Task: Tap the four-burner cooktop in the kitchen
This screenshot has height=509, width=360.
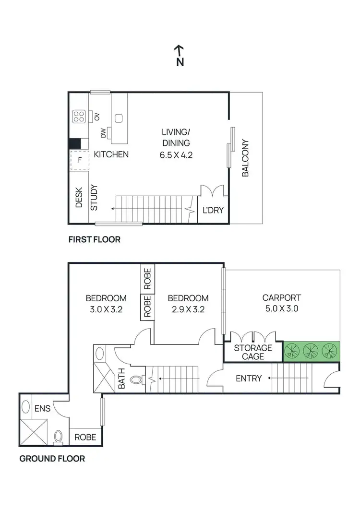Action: pos(79,116)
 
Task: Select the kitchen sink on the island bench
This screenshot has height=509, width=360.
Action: pos(119,118)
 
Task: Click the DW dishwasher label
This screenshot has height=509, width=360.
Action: pos(103,134)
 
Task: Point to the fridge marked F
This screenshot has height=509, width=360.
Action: pos(80,160)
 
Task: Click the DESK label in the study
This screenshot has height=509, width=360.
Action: pos(79,197)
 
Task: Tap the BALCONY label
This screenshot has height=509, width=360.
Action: pos(245,158)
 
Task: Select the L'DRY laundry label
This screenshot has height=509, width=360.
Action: pos(213,210)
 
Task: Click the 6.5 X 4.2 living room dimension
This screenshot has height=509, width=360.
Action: pos(176,154)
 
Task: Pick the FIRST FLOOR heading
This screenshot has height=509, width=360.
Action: pos(94,239)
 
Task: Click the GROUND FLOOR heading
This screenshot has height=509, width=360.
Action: pos(52,459)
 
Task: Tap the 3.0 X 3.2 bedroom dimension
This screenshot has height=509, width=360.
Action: pos(106,309)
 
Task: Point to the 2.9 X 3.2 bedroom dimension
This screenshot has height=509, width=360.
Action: pos(188,309)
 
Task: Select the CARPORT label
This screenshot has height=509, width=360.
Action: pos(281,297)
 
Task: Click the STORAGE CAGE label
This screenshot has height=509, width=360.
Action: pos(253,352)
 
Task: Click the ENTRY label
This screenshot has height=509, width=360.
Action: pos(249,379)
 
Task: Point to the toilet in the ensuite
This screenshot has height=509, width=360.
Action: pos(59,436)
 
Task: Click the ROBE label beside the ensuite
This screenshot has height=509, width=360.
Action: pos(85,438)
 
